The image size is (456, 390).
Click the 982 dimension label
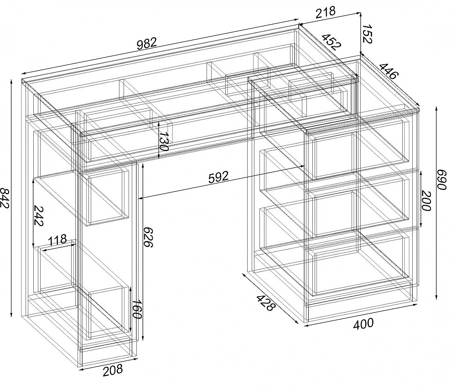coord(147,44)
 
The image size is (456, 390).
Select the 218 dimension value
coord(325,12)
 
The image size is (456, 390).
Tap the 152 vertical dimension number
coord(367,34)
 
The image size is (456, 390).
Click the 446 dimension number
coord(388,71)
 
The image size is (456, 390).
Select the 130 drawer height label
coord(164,142)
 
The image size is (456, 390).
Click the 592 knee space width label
coord(218,177)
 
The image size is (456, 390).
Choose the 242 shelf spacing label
coord(39,216)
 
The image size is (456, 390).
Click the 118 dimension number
coord(57,241)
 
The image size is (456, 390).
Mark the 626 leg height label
coord(149,237)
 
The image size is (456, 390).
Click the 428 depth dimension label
coord(265,303)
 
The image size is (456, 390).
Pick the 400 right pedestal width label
coord(363,324)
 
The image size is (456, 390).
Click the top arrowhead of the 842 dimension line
coord(11,81)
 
